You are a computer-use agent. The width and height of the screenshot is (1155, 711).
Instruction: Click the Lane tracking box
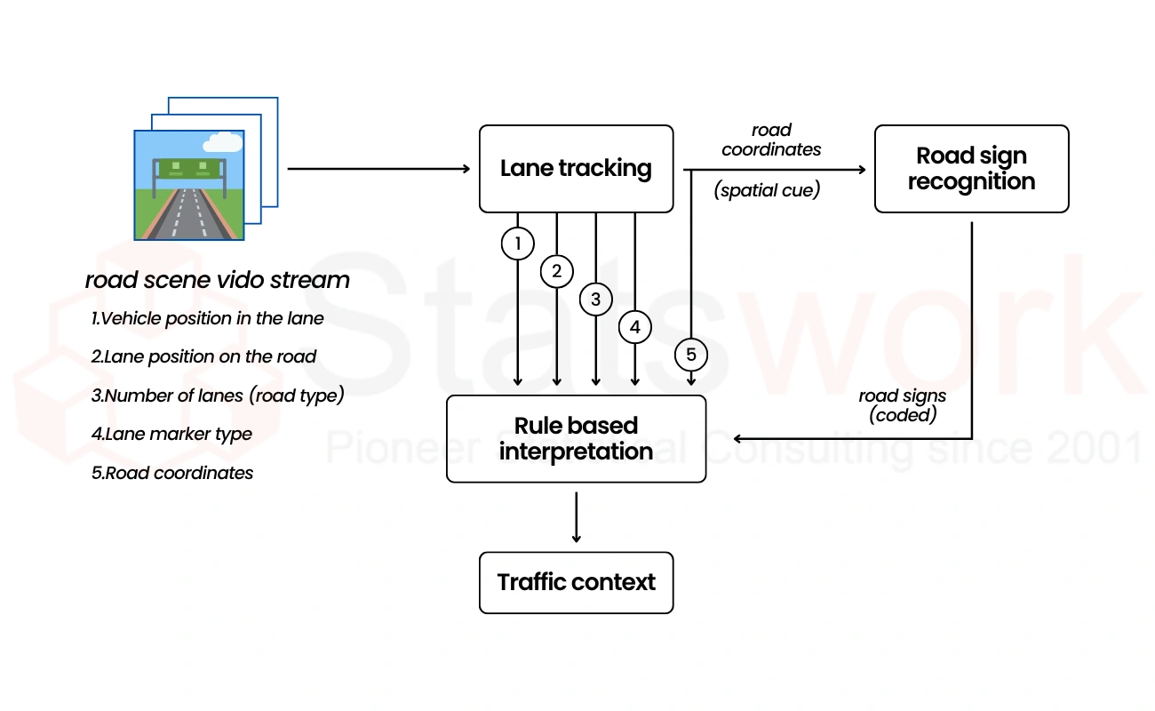click(576, 169)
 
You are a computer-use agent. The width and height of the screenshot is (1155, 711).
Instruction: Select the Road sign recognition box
click(971, 169)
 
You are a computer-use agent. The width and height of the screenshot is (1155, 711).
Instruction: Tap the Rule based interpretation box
click(576, 439)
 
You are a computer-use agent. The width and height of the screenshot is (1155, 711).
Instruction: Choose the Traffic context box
click(576, 583)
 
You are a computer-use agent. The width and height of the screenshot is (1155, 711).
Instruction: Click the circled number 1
click(518, 244)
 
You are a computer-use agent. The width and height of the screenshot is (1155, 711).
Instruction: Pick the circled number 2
click(557, 271)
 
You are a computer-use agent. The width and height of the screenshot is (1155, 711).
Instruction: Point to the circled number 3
click(596, 299)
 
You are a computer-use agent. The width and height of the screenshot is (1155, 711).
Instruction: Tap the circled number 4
click(635, 327)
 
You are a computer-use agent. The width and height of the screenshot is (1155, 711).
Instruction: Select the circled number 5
click(691, 355)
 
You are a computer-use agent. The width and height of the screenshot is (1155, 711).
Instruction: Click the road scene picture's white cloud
click(222, 142)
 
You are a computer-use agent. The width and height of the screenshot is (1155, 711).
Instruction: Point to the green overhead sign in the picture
click(189, 166)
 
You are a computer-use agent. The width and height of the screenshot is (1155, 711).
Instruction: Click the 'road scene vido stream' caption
click(218, 281)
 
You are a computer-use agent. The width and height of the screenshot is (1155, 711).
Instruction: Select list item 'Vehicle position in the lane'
click(208, 318)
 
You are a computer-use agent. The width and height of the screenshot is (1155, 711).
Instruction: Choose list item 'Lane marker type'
click(172, 435)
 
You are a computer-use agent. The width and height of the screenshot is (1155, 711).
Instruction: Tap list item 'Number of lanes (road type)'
click(218, 395)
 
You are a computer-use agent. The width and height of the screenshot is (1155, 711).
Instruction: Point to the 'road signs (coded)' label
click(902, 405)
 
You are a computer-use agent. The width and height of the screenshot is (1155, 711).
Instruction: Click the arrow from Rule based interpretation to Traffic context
click(577, 517)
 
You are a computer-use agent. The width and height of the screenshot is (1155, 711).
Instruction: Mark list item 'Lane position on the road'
click(204, 357)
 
